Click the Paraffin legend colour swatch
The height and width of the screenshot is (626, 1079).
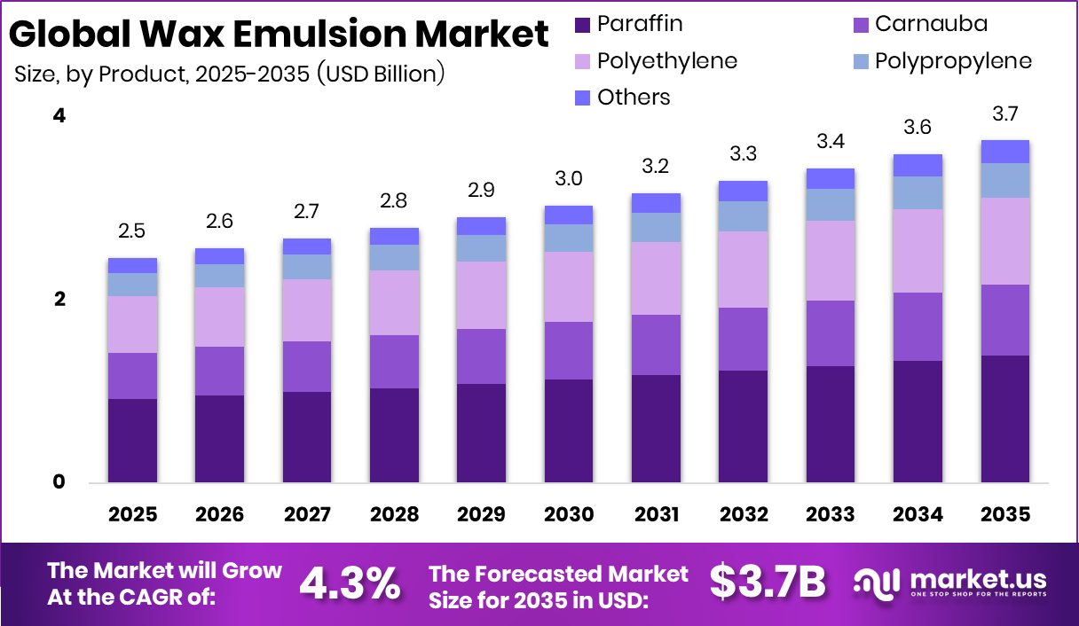(581, 24)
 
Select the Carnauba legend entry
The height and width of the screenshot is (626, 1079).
(931, 24)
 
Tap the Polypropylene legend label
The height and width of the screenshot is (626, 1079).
(953, 60)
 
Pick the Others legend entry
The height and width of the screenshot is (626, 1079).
(634, 97)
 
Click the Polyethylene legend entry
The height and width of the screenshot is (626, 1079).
(666, 60)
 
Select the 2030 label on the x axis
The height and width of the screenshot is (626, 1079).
(569, 515)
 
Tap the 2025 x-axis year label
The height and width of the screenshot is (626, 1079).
(132, 515)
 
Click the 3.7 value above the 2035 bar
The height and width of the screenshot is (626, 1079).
(1004, 113)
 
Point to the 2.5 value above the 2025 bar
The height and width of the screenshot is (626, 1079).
(132, 231)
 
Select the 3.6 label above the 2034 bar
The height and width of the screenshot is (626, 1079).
(918, 128)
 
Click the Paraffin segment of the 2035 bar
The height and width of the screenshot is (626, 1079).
(1004, 419)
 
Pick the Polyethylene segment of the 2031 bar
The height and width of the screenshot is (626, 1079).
(656, 278)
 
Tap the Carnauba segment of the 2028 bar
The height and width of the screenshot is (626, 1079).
(394, 361)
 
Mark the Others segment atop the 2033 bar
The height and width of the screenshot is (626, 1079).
(831, 178)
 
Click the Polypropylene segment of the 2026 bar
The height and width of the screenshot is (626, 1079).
(219, 276)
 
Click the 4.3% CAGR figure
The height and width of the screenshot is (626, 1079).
(349, 583)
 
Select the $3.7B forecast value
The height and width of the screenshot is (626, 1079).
(768, 583)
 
